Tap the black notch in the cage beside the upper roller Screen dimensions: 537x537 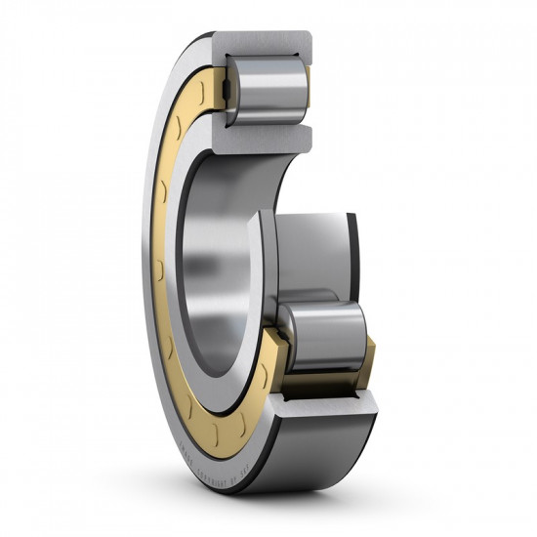point(226,93)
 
